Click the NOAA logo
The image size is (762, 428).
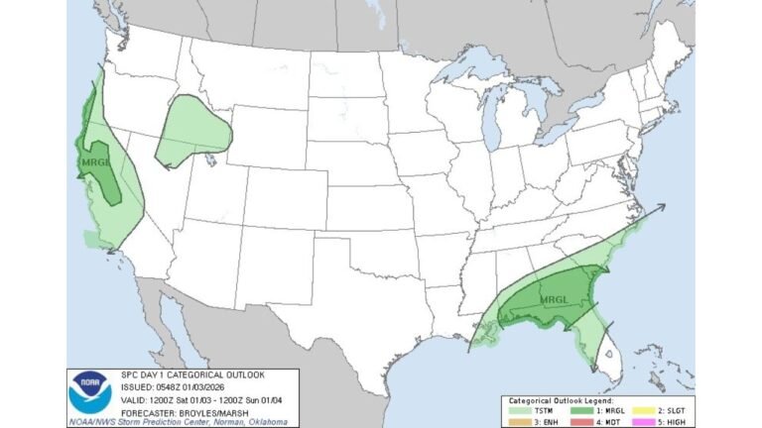click(x=88, y=393)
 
